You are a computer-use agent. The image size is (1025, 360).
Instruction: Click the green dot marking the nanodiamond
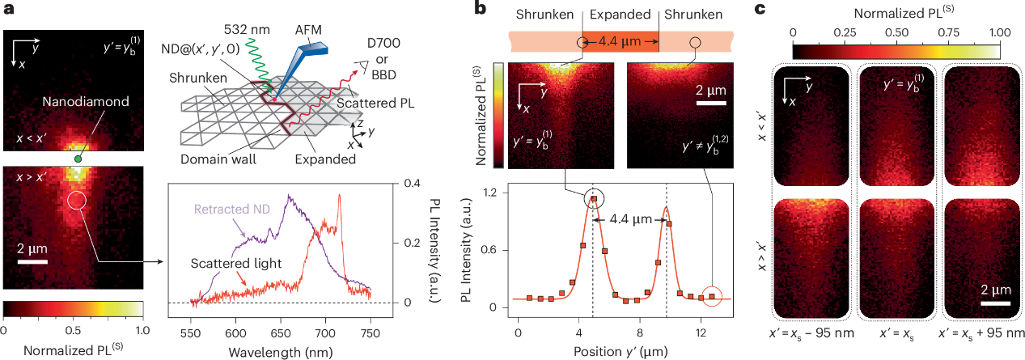[x=77, y=159]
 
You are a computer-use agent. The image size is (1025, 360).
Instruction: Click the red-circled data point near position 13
[x=712, y=297]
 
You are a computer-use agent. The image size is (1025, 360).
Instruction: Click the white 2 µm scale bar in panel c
[x=997, y=304]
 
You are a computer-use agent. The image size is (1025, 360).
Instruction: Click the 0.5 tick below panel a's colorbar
[x=73, y=330]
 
